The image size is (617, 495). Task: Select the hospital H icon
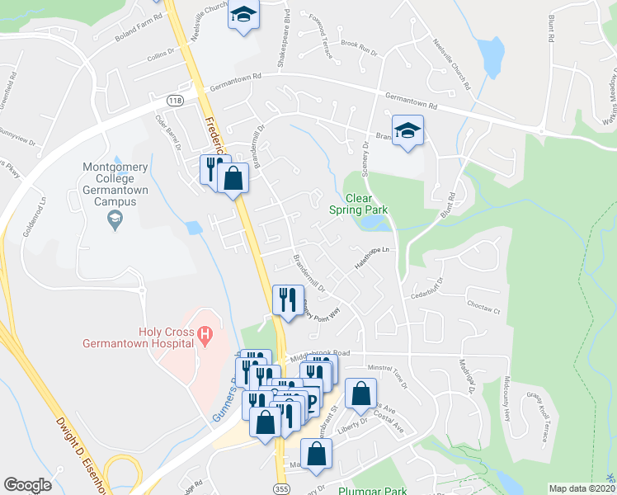(206, 335)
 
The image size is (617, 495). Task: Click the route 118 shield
(174, 100)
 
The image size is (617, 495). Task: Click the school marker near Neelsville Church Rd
(243, 16)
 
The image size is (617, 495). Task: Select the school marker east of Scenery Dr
(407, 133)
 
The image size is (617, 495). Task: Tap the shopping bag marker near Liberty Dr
(360, 394)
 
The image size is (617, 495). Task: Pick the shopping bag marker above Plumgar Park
(316, 454)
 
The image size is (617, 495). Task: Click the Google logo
(27, 484)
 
